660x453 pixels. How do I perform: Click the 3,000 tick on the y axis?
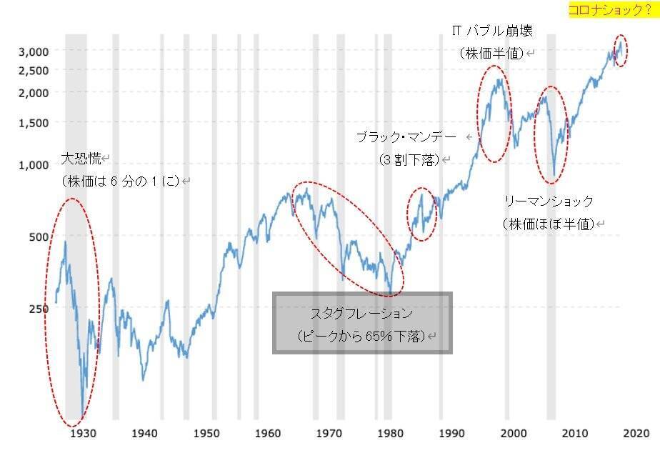click(x=33, y=51)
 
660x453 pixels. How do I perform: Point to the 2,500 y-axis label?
click(x=33, y=70)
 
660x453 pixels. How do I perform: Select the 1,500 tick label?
click(x=33, y=122)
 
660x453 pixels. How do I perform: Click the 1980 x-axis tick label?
click(x=389, y=433)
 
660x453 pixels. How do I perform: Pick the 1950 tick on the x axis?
click(x=205, y=433)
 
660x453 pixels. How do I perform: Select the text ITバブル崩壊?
click(x=492, y=31)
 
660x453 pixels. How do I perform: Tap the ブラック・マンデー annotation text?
click(x=405, y=137)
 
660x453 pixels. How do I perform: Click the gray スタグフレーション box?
click(x=362, y=323)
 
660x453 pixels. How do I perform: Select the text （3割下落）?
click(x=409, y=160)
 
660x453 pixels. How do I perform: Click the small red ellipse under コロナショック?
click(x=621, y=51)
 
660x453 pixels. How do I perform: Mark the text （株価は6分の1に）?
click(x=121, y=181)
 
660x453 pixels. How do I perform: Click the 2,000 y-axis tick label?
click(x=33, y=92)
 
